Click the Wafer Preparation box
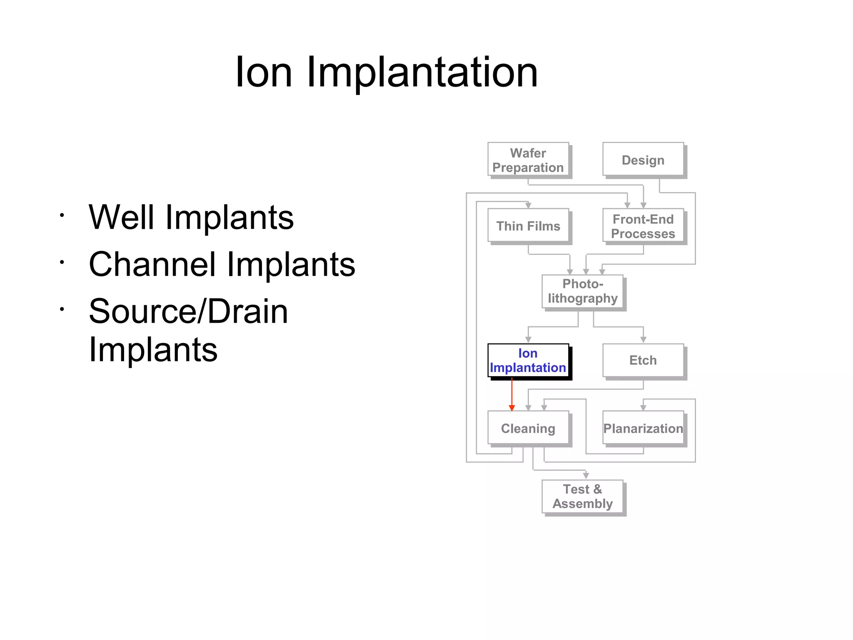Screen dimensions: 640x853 528,160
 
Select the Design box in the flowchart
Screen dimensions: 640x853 643,160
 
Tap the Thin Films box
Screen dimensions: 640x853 528,226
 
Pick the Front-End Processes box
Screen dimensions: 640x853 643,226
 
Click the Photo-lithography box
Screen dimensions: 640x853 583,291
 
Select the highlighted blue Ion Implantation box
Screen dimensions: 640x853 528,361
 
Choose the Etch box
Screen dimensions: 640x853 643,361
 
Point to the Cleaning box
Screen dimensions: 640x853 528,429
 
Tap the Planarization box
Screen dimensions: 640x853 643,429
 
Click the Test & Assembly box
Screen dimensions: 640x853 583,497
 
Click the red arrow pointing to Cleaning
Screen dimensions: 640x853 512,394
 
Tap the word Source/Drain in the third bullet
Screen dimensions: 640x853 188,311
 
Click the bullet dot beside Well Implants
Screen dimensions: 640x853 62,216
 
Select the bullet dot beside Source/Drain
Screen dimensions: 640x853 62,309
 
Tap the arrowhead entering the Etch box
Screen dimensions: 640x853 643,340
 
